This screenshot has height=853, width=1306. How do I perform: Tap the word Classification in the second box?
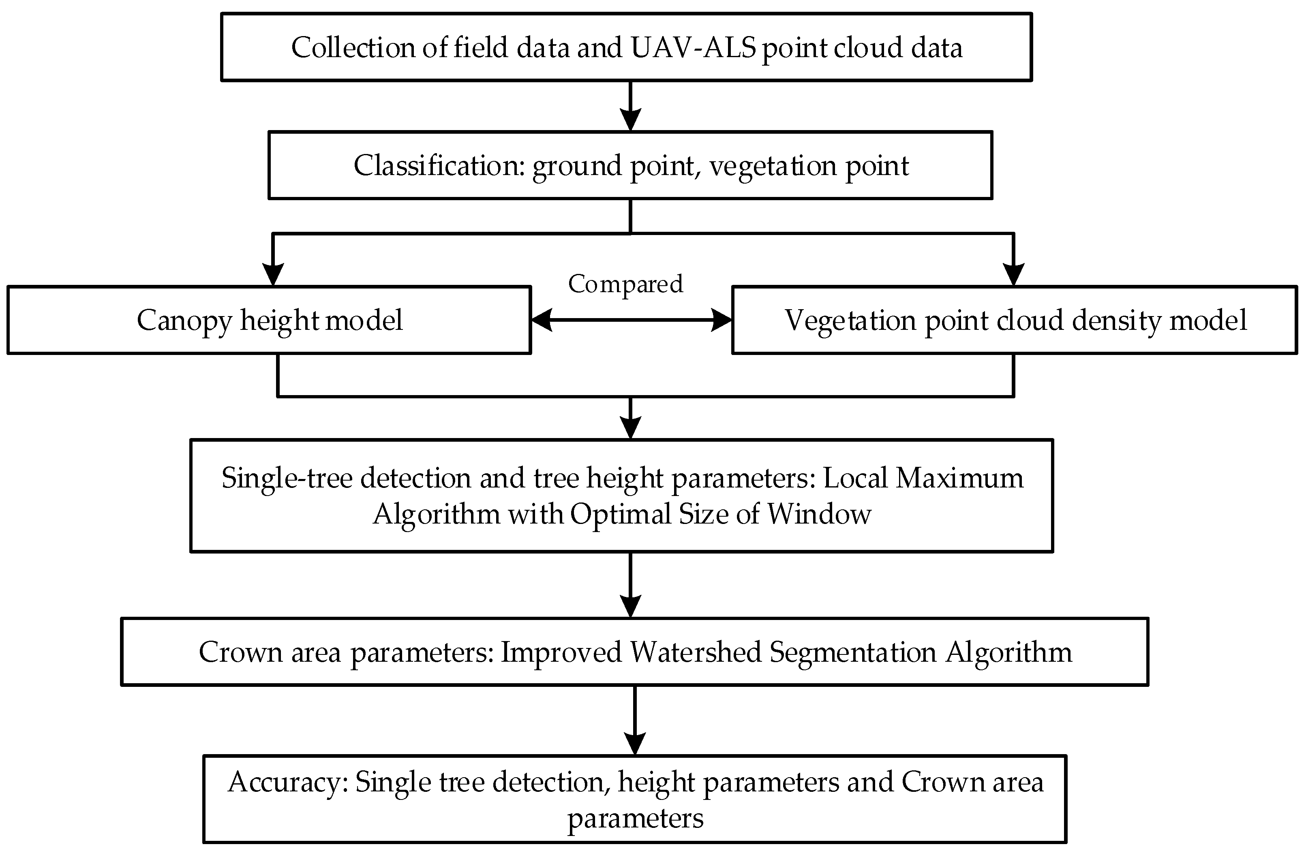(439, 166)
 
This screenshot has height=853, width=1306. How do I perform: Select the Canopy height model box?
(269, 321)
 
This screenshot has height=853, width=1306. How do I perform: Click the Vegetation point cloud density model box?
(1014, 321)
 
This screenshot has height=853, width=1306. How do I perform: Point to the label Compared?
(625, 284)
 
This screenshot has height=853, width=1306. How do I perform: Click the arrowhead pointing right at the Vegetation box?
(722, 321)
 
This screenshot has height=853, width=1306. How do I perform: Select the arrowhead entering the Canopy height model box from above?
(273, 274)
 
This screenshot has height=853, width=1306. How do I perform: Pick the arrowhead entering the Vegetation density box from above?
(1013, 274)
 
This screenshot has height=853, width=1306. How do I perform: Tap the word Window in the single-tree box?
(819, 514)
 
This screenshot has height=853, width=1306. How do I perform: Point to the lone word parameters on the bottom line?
(635, 819)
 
